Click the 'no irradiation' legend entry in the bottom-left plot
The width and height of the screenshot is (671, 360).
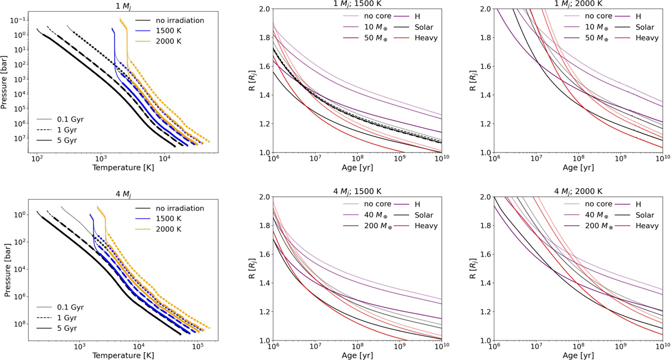point(182,209)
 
